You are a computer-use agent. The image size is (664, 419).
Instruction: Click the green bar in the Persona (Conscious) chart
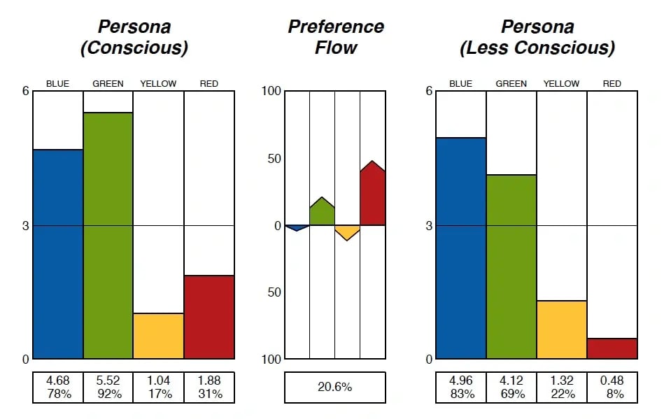108,236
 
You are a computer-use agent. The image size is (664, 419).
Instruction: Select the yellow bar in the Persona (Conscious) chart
158,336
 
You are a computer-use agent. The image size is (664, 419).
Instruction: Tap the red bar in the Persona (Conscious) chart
209,317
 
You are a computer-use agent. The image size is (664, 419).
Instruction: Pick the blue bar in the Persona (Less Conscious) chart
460,248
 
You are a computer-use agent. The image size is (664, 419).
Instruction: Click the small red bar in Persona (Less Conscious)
612,348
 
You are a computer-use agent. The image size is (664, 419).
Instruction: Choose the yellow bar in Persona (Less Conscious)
561,329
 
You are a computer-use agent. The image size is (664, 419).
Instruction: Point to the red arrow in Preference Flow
372,196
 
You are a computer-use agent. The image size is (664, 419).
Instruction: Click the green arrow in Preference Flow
322,213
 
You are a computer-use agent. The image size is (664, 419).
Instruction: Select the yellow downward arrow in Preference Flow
347,232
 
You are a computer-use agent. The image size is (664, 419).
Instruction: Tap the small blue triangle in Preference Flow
297,227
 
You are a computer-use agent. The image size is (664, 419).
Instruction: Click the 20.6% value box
334,388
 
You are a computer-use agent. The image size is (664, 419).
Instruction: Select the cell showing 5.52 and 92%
108,388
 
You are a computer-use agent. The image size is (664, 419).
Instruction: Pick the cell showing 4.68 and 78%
57,388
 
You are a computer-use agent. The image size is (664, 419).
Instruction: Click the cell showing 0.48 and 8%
612,388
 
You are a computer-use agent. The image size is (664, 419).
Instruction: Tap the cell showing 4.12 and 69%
511,388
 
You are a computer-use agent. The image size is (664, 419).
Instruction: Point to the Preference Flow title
336,37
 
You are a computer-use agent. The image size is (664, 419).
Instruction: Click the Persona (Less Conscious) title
537,37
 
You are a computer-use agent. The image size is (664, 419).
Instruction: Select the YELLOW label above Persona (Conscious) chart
158,84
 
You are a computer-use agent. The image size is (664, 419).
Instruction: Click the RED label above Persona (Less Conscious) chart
612,84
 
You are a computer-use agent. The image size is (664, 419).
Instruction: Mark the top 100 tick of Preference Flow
271,91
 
